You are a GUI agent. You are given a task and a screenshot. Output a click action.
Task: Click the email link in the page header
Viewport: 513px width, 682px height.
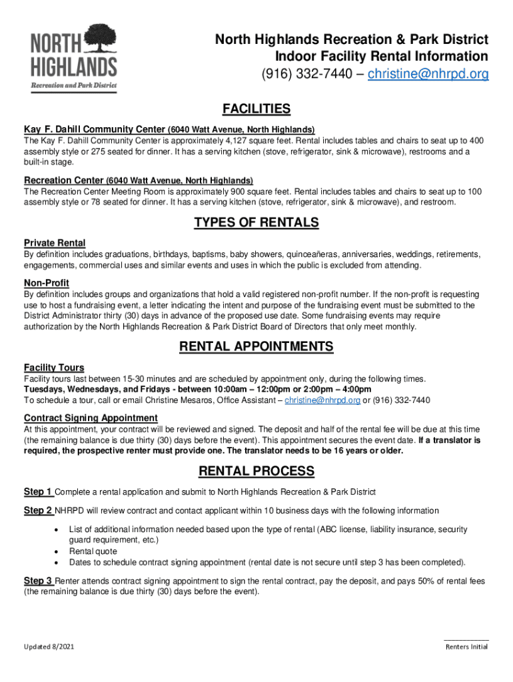428,74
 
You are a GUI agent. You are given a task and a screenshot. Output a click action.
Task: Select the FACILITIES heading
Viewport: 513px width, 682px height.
256,109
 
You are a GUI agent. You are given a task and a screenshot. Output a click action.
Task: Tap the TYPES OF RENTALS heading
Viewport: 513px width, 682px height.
256,222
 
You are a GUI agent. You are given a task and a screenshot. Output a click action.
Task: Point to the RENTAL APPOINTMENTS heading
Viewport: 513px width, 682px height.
256,347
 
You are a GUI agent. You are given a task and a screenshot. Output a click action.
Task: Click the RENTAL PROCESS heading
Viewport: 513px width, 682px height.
256,472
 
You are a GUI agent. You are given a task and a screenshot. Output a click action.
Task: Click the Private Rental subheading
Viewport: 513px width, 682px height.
55,243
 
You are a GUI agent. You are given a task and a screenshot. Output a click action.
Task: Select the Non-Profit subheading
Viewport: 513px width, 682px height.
47,283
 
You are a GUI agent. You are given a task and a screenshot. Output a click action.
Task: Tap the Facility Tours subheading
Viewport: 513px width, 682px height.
54,368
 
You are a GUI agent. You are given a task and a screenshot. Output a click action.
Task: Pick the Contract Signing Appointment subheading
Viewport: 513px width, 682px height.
91,418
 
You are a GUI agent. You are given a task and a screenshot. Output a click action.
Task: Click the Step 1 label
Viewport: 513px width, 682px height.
39,492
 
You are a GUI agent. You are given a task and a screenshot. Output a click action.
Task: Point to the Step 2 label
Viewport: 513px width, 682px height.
39,511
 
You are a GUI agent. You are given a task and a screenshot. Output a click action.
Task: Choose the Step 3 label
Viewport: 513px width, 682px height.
39,581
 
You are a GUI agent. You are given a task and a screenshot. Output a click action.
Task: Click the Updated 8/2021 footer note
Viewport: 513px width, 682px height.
49,647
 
